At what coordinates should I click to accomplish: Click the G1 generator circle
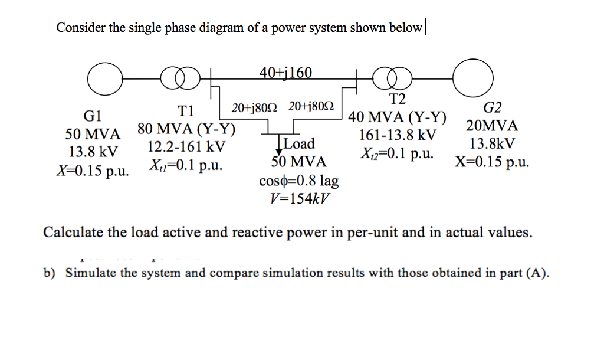click(104, 77)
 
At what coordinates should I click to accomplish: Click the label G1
click(93, 115)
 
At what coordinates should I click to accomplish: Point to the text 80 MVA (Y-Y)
click(186, 129)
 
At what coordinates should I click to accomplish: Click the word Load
click(299, 143)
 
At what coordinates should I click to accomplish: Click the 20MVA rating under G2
click(491, 126)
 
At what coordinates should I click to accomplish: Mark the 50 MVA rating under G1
click(93, 133)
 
